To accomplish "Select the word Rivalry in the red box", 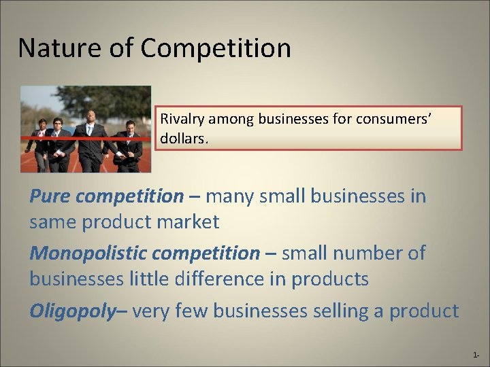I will (x=180, y=118).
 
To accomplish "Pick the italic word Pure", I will (x=50, y=196).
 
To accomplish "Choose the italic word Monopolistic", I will (x=88, y=254).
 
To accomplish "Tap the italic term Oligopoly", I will (x=72, y=311).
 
